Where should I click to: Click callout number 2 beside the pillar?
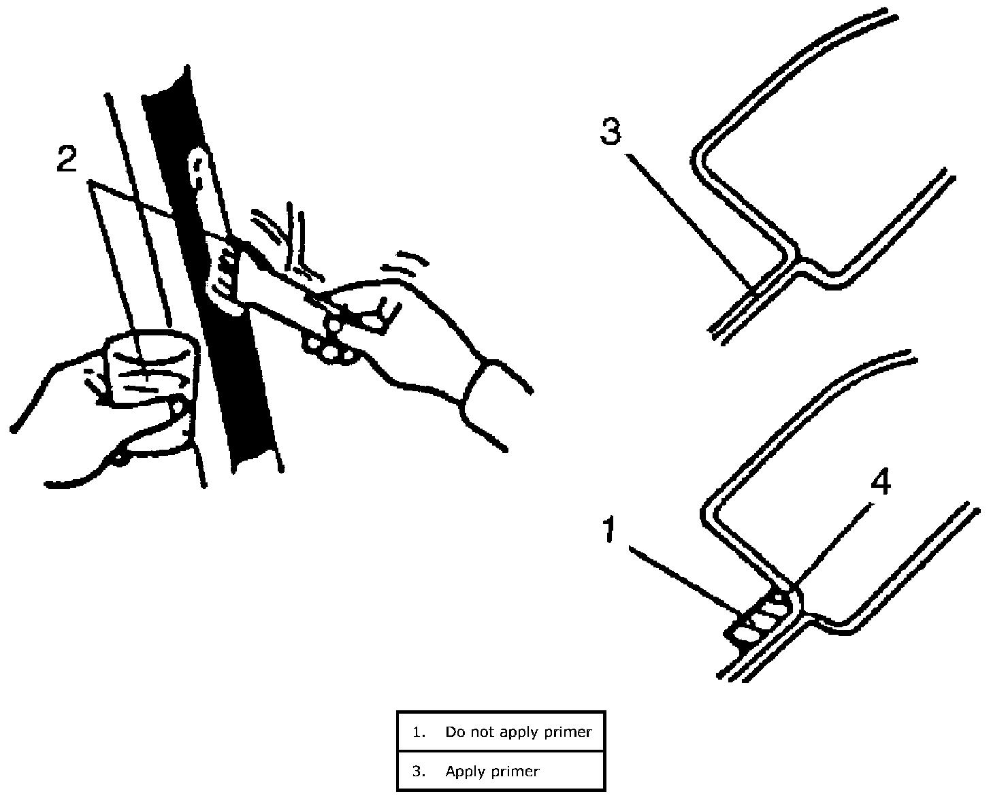pos(66,159)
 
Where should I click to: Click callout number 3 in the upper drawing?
pos(611,131)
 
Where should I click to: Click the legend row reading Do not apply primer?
pos(501,732)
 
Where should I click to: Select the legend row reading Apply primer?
pos(501,772)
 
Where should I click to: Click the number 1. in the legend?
pos(418,732)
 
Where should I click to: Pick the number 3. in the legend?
pos(418,772)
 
